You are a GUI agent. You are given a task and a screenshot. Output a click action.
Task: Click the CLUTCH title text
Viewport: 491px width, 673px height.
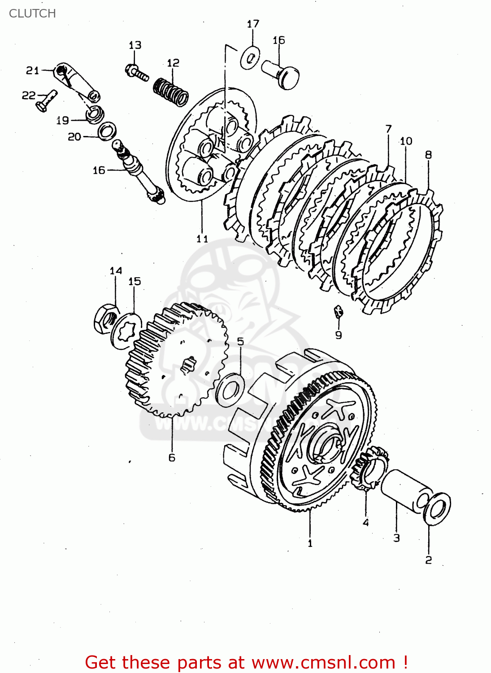[32, 13]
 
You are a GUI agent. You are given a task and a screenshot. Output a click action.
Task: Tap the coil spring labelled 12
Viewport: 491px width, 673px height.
[171, 92]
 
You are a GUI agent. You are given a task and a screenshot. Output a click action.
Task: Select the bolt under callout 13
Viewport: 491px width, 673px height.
[137, 72]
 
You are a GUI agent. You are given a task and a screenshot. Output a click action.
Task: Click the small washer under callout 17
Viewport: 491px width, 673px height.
[251, 58]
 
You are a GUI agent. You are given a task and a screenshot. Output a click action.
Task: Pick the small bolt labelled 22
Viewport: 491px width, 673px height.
[46, 101]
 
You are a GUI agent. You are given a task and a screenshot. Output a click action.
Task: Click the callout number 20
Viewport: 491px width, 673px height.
[74, 136]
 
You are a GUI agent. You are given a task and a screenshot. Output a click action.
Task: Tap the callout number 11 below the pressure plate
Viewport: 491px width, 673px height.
[202, 238]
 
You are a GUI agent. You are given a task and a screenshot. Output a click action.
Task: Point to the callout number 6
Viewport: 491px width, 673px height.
[172, 458]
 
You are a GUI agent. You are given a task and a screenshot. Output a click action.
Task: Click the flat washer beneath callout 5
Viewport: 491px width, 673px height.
[230, 389]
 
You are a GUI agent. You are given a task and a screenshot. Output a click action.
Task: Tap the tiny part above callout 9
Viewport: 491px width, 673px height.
[339, 310]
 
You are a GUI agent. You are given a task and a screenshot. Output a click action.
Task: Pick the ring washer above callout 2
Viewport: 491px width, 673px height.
[437, 508]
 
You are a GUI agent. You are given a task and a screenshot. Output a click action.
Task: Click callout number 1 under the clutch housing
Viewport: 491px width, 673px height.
[310, 543]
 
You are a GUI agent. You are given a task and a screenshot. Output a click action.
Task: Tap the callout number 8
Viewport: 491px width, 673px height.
[428, 155]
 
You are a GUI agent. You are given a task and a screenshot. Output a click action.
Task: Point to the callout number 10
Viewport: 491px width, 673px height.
[406, 141]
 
